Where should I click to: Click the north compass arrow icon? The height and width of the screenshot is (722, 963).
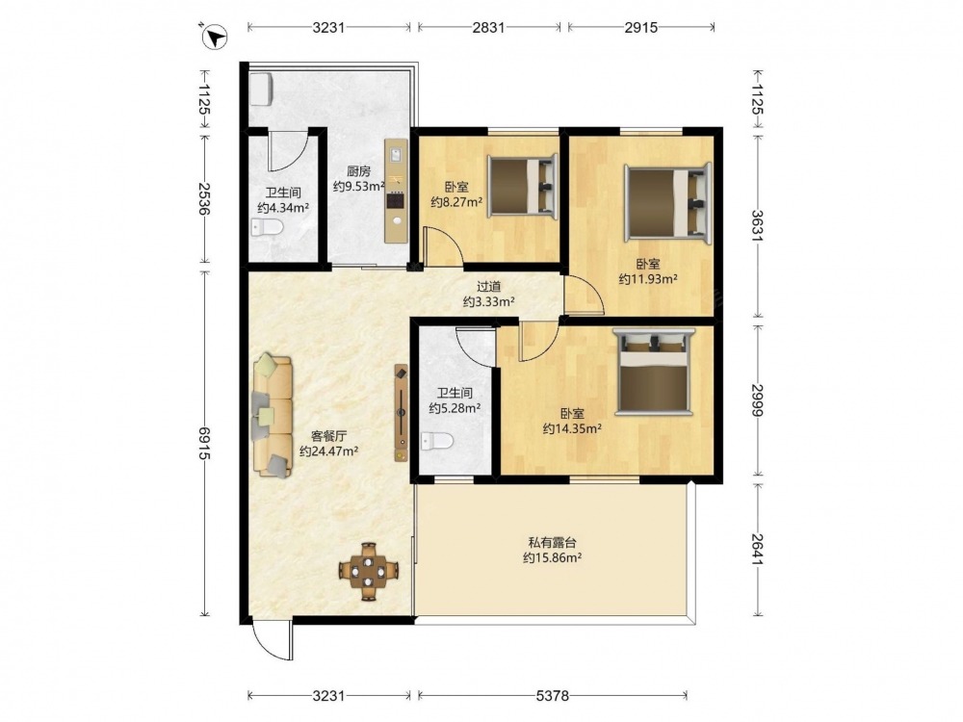click(216, 37)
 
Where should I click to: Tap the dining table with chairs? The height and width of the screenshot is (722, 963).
click(369, 571)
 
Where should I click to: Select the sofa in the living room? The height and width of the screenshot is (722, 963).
click(273, 415)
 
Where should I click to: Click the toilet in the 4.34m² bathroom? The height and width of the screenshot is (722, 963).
click(267, 228)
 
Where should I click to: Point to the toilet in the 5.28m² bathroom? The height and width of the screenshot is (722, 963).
click(438, 441)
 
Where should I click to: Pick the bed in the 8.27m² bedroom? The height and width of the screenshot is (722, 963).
click(523, 186)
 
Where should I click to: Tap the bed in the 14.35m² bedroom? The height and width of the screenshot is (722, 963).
click(655, 373)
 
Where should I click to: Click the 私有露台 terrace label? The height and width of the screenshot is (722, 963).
click(552, 543)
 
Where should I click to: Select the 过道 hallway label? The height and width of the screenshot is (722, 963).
click(489, 286)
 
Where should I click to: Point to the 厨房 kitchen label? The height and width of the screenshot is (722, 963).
click(358, 171)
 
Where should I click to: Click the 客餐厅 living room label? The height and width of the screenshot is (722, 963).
click(329, 436)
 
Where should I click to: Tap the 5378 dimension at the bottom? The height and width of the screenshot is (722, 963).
click(552, 696)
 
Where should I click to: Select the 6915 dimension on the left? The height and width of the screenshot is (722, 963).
click(204, 443)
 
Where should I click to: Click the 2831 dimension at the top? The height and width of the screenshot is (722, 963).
click(489, 27)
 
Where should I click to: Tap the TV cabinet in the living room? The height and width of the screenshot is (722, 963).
click(401, 413)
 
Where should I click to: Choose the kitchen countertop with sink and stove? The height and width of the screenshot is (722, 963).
click(396, 191)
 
